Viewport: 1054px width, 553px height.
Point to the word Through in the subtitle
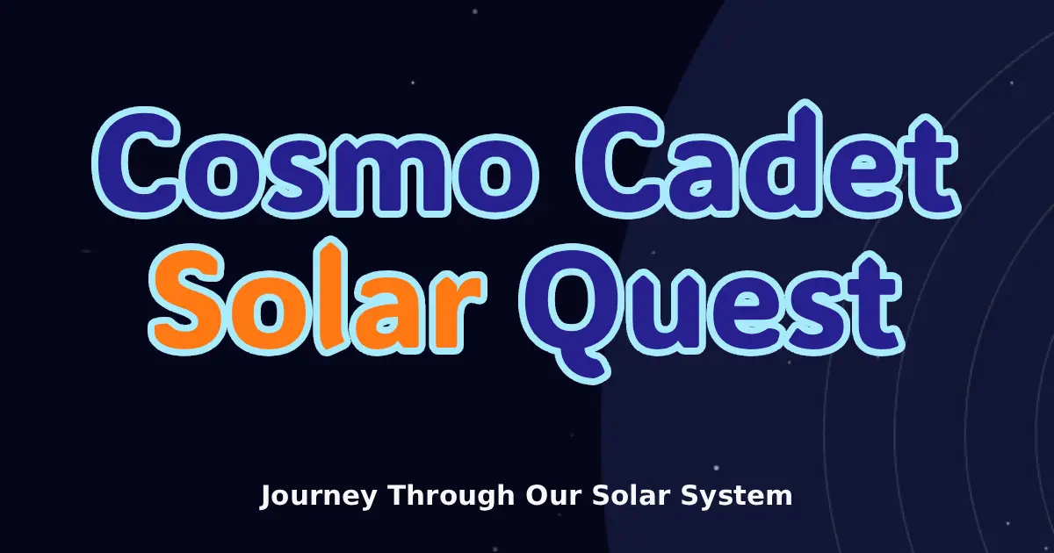(451, 495)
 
